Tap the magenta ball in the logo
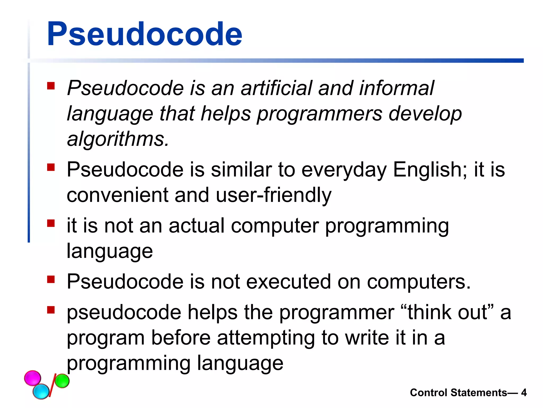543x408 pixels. click(33, 378)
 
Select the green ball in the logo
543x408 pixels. click(62, 381)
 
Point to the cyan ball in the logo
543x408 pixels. click(41, 391)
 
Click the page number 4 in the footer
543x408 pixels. click(524, 393)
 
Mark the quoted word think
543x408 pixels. click(430, 312)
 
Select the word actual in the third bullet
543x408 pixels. click(196, 226)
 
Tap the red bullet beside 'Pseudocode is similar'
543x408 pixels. click(51, 167)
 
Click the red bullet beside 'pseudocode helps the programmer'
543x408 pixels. click(51, 310)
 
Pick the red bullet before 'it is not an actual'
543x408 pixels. click(51, 223)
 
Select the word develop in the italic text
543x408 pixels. click(425, 114)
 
